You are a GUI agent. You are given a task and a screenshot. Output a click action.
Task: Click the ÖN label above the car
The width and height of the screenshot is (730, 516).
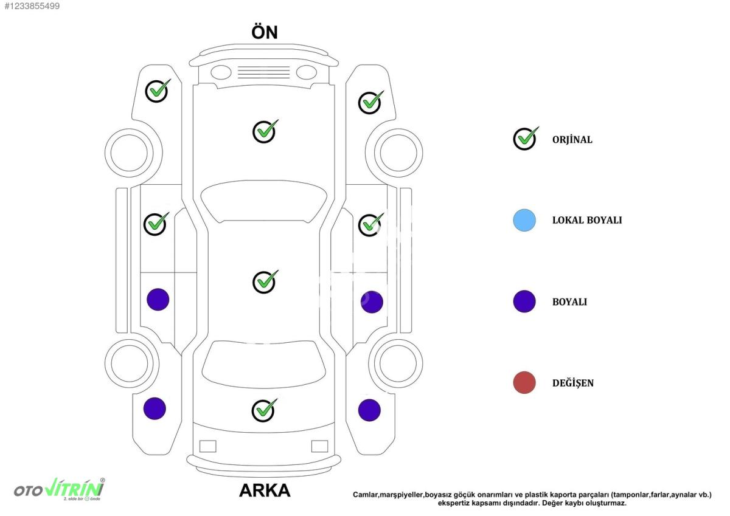(264, 32)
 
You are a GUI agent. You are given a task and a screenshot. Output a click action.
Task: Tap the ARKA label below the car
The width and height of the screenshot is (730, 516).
(265, 490)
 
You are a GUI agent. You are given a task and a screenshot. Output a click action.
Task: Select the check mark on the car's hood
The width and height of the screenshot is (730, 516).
(265, 131)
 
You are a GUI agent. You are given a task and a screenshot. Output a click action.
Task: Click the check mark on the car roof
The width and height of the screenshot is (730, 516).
(265, 281)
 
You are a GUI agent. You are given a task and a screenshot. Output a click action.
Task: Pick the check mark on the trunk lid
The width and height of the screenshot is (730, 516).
(264, 410)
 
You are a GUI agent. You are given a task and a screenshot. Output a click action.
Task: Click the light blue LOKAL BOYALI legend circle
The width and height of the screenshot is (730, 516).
(524, 221)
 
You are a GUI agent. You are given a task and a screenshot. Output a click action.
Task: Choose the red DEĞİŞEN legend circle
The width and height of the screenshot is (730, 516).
(524, 382)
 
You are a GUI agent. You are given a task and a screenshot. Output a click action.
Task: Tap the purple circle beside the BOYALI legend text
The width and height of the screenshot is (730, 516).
(524, 301)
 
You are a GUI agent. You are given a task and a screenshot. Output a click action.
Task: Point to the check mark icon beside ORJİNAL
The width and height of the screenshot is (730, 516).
(525, 139)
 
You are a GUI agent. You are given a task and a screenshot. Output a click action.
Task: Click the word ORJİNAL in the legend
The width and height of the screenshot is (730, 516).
(572, 140)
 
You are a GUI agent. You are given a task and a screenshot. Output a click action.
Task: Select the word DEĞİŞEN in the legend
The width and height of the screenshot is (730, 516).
(572, 383)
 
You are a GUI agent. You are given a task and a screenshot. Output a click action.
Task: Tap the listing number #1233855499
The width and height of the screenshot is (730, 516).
(32, 6)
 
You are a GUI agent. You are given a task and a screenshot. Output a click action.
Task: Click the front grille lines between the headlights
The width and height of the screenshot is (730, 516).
(263, 72)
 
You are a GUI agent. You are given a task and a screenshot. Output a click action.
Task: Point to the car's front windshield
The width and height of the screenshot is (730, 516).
(263, 202)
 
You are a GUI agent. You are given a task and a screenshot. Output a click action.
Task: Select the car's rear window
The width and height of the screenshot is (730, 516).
(263, 364)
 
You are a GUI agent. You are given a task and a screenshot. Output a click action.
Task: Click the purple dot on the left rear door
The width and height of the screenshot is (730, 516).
(158, 300)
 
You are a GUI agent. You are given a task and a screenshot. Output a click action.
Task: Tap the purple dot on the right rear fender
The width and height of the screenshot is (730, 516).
(369, 410)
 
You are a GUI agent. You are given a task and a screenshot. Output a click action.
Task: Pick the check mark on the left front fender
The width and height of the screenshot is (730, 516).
(157, 91)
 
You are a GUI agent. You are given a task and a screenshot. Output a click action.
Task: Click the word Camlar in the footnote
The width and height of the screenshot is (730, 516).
(365, 495)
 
